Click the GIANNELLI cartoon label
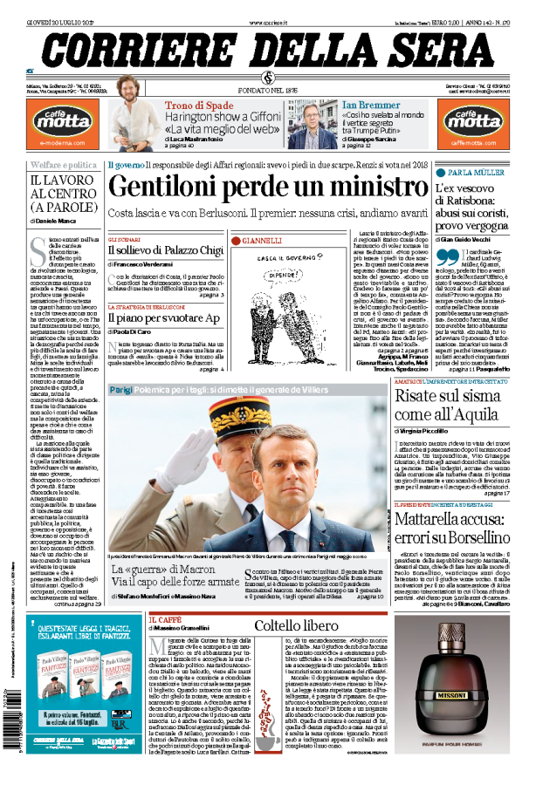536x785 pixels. [x=262, y=240]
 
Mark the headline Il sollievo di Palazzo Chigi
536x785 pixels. [x=165, y=250]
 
